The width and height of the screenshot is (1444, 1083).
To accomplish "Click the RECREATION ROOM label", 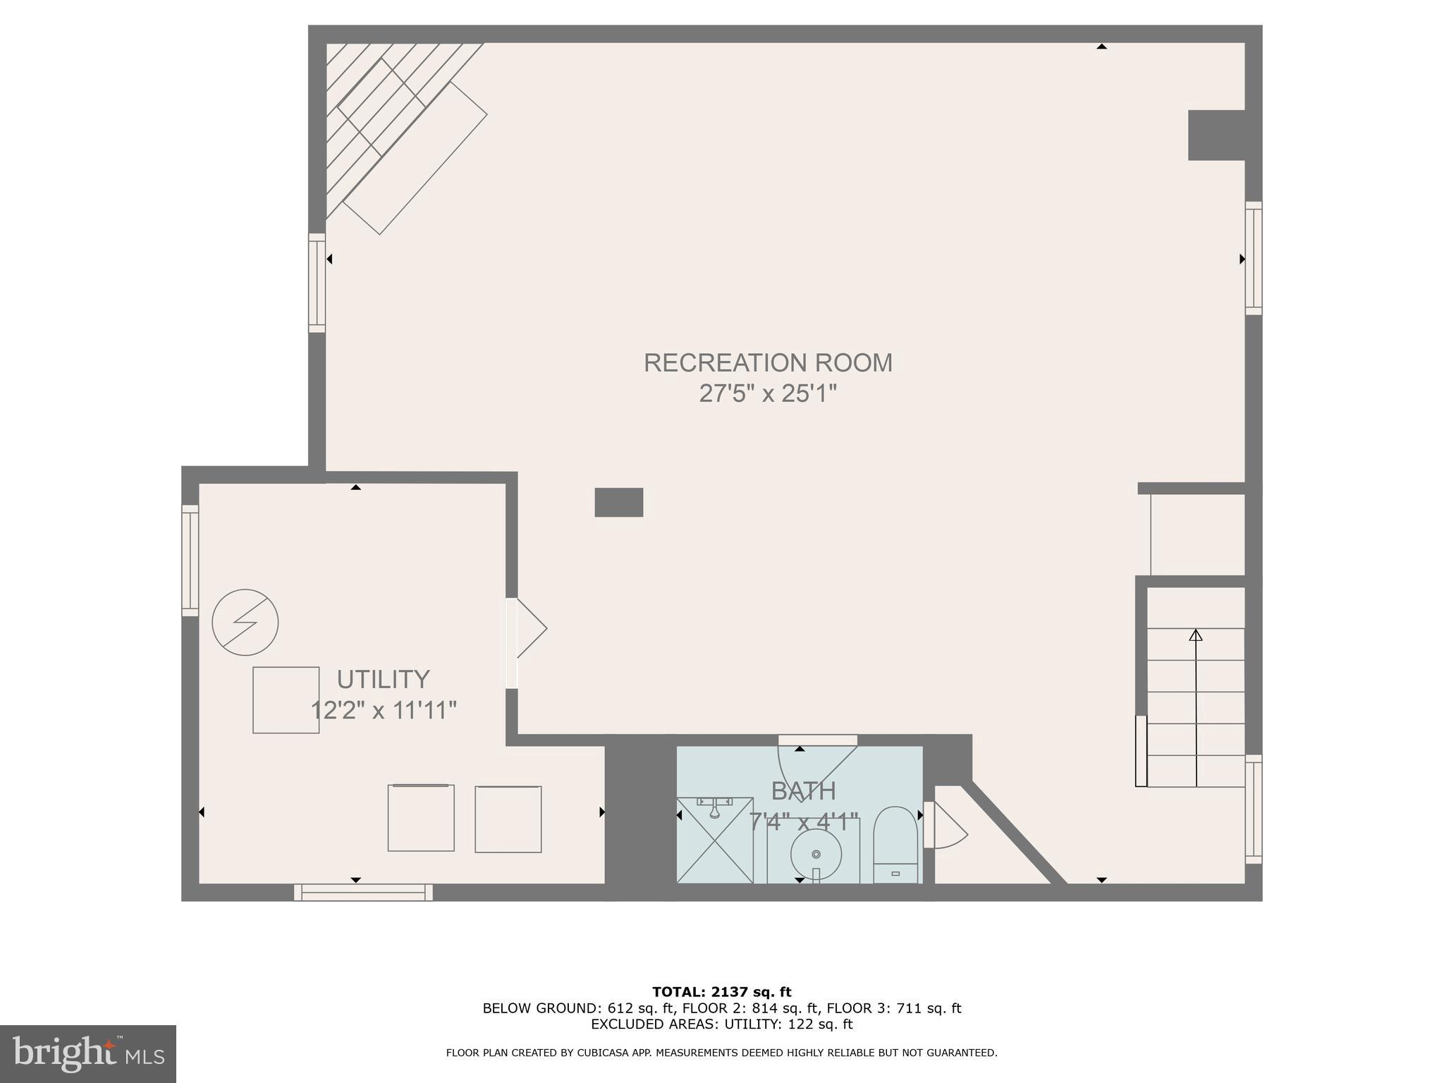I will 767,362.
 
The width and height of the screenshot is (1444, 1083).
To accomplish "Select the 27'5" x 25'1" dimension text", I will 767,393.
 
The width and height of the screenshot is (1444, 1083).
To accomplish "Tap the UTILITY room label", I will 383,679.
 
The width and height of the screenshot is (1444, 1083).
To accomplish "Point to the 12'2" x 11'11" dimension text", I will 384,710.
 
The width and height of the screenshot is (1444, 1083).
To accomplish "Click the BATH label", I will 803,791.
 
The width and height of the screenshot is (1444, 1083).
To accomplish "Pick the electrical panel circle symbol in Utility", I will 245,623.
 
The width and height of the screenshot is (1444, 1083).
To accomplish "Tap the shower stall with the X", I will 715,840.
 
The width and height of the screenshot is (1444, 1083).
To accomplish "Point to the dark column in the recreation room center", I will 618,502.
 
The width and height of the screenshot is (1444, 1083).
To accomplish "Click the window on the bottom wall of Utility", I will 363,892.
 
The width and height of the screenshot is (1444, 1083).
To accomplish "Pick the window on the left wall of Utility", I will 190,561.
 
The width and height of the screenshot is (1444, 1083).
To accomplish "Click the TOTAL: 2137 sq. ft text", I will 721,992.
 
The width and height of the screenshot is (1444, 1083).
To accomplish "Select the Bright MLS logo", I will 88,1053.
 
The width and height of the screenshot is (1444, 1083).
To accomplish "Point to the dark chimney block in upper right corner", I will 1216,135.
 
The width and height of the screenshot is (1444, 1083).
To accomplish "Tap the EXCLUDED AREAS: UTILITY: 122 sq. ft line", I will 721,1024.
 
